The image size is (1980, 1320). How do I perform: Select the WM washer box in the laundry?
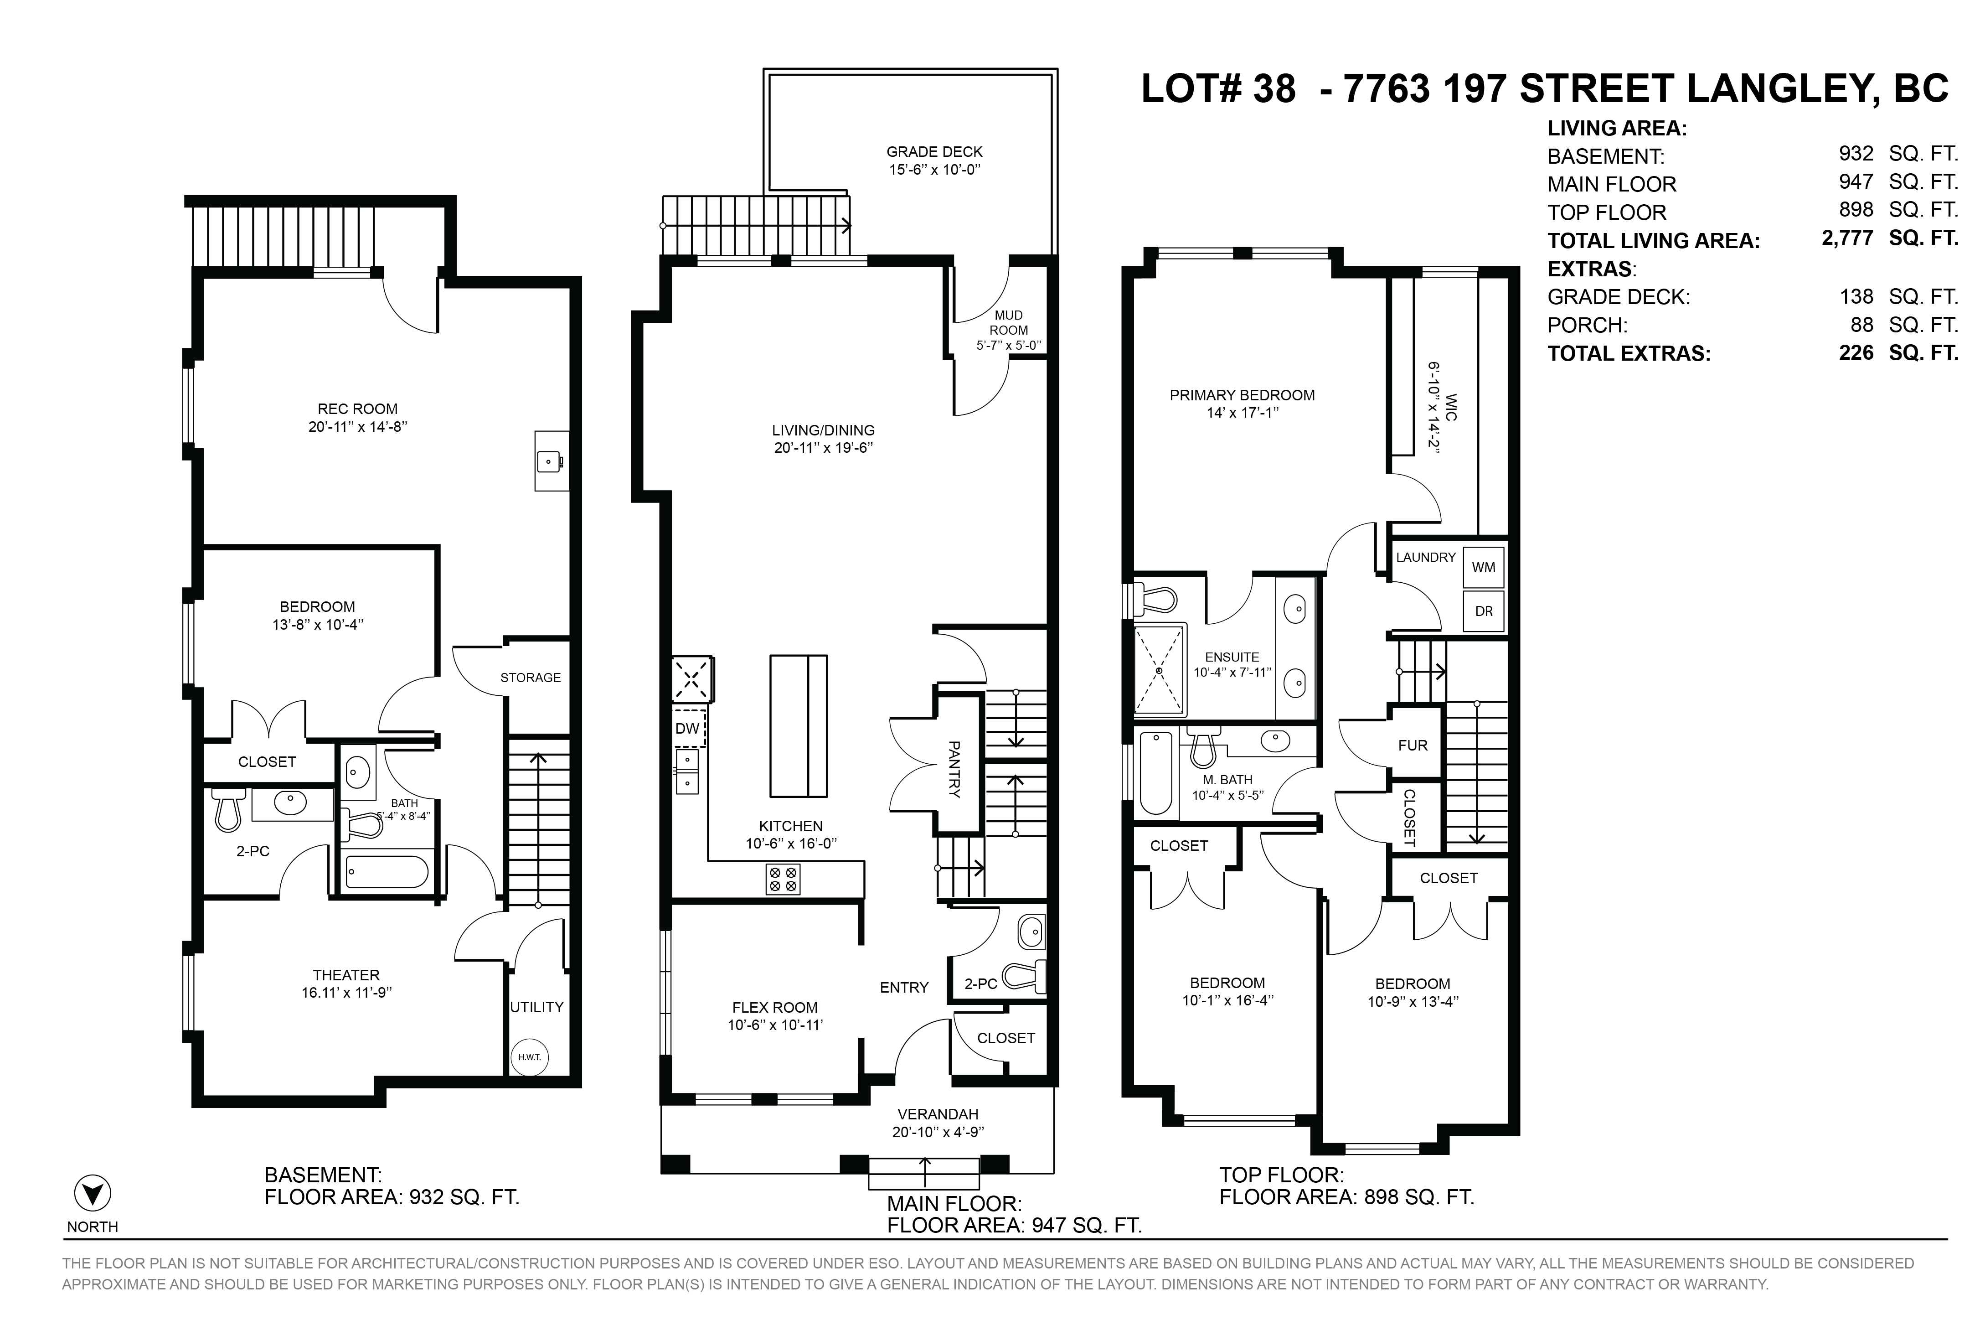(x=1483, y=567)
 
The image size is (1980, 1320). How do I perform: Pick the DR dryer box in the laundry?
(x=1483, y=611)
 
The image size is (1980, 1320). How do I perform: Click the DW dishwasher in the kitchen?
(x=687, y=728)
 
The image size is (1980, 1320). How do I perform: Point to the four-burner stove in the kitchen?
(x=783, y=879)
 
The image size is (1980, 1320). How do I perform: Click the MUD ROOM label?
(x=1008, y=322)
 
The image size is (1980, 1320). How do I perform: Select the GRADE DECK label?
(x=934, y=151)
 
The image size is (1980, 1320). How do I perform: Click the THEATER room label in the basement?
(x=346, y=975)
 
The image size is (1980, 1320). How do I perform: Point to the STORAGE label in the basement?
(x=530, y=677)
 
